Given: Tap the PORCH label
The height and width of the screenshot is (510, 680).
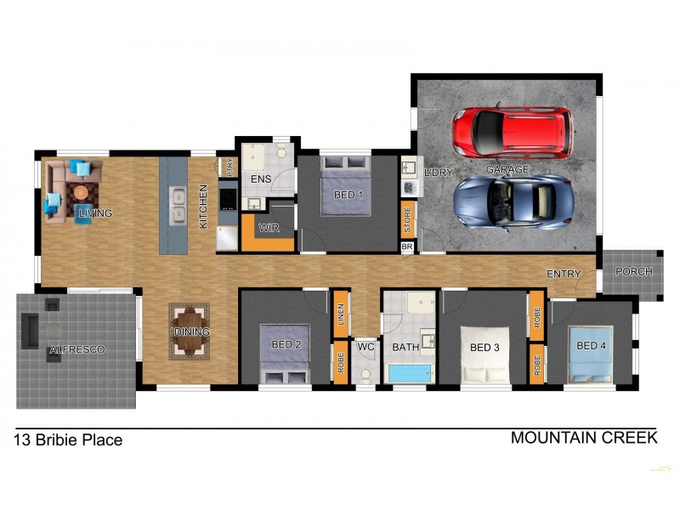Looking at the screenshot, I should pyautogui.click(x=632, y=272).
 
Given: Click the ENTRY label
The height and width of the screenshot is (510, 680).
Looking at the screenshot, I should pyautogui.click(x=564, y=274).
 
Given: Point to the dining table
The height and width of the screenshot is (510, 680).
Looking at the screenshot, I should pyautogui.click(x=189, y=331).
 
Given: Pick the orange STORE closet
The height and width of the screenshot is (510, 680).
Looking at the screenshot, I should pyautogui.click(x=407, y=218).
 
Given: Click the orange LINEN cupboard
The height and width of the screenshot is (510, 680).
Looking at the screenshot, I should pyautogui.click(x=339, y=313).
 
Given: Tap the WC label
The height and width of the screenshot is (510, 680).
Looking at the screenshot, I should pyautogui.click(x=365, y=347).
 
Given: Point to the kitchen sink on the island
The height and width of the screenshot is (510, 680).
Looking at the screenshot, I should pyautogui.click(x=178, y=205).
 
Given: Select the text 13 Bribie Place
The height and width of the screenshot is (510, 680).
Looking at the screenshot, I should pyautogui.click(x=68, y=440).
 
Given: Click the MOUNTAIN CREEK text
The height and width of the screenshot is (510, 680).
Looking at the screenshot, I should pyautogui.click(x=583, y=438).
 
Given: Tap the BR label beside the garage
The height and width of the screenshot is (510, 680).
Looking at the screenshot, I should pyautogui.click(x=407, y=247).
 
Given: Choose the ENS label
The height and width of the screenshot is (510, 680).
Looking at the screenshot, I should pyautogui.click(x=261, y=179).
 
